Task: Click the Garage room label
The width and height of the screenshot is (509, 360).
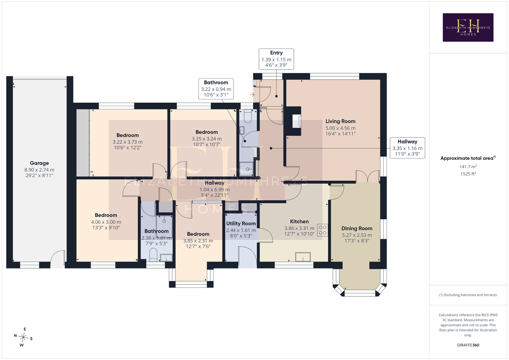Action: click(39, 163)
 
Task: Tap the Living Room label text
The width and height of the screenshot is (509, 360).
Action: click(340, 121)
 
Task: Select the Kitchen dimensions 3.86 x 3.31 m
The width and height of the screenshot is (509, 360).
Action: click(299, 228)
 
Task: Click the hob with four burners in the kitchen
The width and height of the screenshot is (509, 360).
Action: click(323, 230)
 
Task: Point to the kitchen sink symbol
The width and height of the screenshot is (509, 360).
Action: click(303, 257)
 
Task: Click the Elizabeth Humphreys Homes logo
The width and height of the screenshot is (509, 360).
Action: click(468, 27)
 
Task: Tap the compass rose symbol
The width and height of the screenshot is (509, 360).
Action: click(23, 337)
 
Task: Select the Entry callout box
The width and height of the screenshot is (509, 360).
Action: click(276, 59)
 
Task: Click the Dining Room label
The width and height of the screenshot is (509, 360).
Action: click(357, 229)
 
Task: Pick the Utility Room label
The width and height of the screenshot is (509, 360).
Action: click(241, 224)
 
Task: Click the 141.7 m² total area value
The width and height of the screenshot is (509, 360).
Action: click(468, 166)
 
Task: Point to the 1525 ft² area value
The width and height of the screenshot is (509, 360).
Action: click(468, 174)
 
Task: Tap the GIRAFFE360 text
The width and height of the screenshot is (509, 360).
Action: click(468, 345)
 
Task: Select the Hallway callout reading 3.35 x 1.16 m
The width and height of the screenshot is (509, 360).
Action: click(407, 148)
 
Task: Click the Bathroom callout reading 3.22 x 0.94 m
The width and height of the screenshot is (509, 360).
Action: click(216, 89)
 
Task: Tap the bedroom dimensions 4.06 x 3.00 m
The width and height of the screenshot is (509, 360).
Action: click(106, 222)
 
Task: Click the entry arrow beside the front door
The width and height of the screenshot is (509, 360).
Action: click(252, 94)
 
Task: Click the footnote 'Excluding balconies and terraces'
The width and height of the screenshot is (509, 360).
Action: click(468, 295)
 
